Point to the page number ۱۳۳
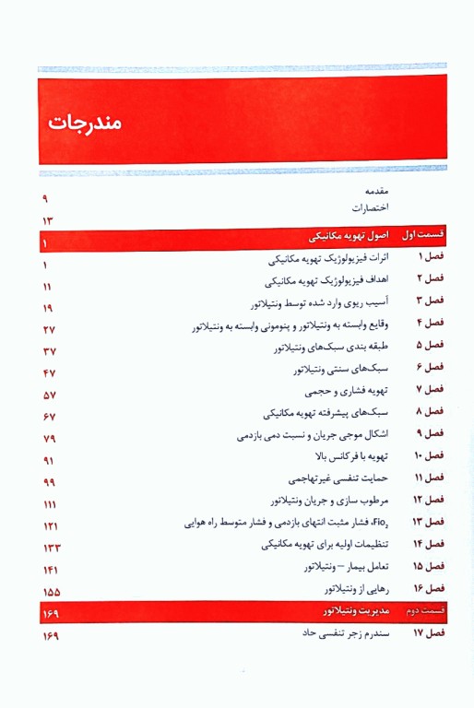[51, 548]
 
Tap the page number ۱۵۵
[51, 591]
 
